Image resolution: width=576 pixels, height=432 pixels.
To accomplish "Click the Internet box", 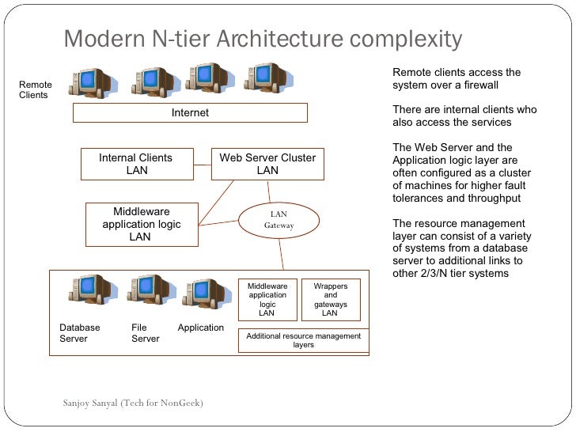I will [x=190, y=113].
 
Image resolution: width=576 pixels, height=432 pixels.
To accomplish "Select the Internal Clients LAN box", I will [x=136, y=164].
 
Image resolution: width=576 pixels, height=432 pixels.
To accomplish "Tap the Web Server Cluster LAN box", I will [x=267, y=164].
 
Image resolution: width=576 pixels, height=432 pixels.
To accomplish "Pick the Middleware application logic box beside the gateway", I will [x=141, y=224].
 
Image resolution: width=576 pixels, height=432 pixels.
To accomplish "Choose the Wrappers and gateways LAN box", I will [x=330, y=300].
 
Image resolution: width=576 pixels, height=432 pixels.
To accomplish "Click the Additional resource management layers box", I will [x=303, y=340].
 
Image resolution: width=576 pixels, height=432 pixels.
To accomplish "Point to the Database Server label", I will [x=80, y=333].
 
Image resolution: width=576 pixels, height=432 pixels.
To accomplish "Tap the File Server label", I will [x=145, y=333].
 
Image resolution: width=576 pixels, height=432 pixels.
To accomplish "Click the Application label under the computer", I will [x=201, y=328].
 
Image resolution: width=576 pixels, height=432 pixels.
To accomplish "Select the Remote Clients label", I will [x=36, y=90].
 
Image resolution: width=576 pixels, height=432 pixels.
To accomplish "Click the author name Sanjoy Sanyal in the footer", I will [x=90, y=403].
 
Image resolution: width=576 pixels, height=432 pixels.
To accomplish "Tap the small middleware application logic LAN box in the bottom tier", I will [x=267, y=300].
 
